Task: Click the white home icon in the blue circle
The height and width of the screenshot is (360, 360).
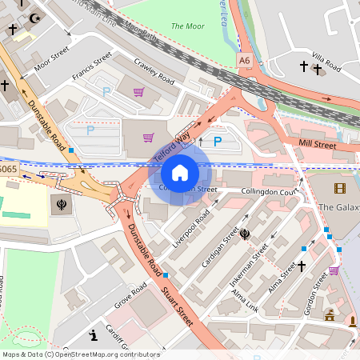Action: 180,173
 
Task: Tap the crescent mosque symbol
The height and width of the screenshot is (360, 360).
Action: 34,18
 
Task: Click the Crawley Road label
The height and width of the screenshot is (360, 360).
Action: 154,73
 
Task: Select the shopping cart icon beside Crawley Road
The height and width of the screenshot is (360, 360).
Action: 139,92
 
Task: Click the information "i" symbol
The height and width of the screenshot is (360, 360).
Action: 94,334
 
